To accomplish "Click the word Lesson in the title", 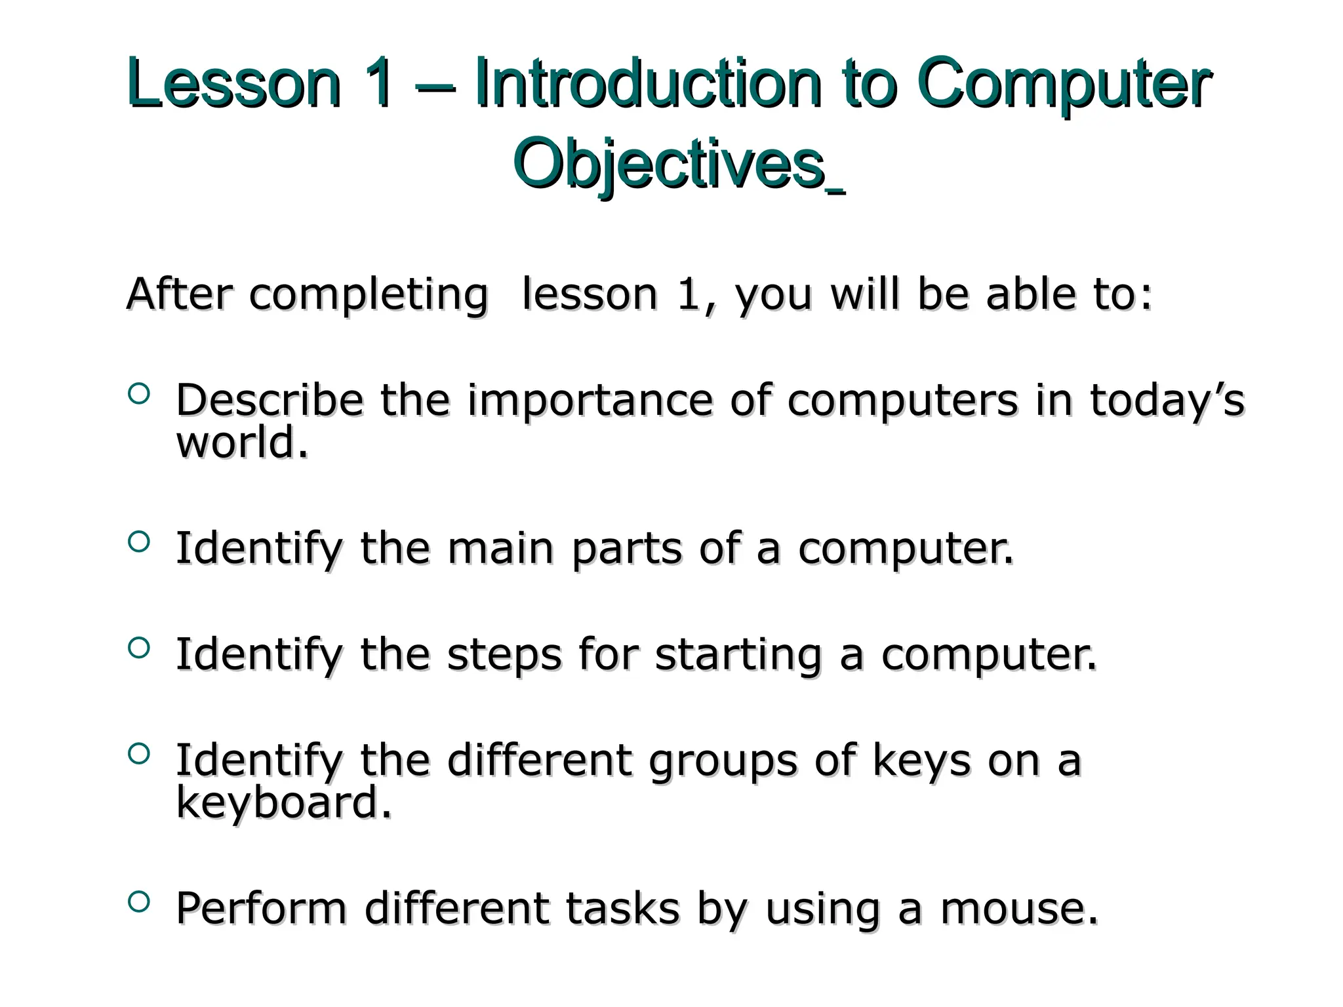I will [x=234, y=84].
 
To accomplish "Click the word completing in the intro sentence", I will [x=369, y=294].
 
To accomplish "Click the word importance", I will [x=590, y=401].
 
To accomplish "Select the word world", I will [x=242, y=443].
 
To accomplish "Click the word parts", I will [x=627, y=549].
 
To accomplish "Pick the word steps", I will [x=504, y=654].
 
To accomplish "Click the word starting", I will [x=738, y=656].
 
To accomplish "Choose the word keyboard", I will [x=283, y=802].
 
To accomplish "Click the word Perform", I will [x=261, y=909].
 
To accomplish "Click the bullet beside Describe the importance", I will [x=139, y=394].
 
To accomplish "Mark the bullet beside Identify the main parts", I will [x=139, y=542].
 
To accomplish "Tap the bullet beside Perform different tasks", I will [x=139, y=901].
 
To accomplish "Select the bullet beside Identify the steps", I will [x=139, y=648].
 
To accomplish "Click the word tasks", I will [x=622, y=909].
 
